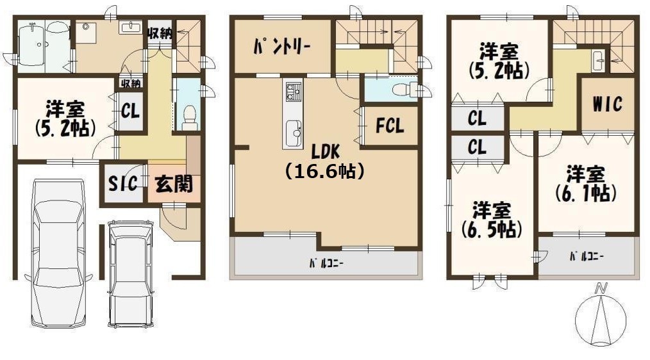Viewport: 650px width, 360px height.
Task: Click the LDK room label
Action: tap(326, 152)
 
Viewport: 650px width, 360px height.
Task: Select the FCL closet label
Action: tap(390, 126)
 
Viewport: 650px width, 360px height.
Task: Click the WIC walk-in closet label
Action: tap(607, 104)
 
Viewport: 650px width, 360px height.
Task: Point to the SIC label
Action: tap(122, 183)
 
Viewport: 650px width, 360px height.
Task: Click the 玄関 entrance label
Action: tap(174, 183)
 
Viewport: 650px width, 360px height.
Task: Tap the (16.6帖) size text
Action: tap(325, 170)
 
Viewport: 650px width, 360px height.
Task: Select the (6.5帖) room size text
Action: tap(492, 229)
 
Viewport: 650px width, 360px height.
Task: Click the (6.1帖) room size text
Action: tap(586, 193)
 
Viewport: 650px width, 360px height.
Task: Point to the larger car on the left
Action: tap(58, 252)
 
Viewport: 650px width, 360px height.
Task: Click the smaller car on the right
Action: tap(131, 274)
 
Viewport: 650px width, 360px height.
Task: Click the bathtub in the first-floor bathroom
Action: tap(32, 45)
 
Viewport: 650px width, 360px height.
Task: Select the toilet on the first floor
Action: tap(190, 117)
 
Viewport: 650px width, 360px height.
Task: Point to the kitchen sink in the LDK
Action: tap(293, 133)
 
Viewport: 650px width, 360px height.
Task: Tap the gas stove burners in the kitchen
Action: tap(293, 92)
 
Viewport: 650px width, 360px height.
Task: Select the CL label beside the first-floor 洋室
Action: tap(130, 111)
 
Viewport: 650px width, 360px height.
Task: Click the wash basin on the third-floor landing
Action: tap(597, 61)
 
